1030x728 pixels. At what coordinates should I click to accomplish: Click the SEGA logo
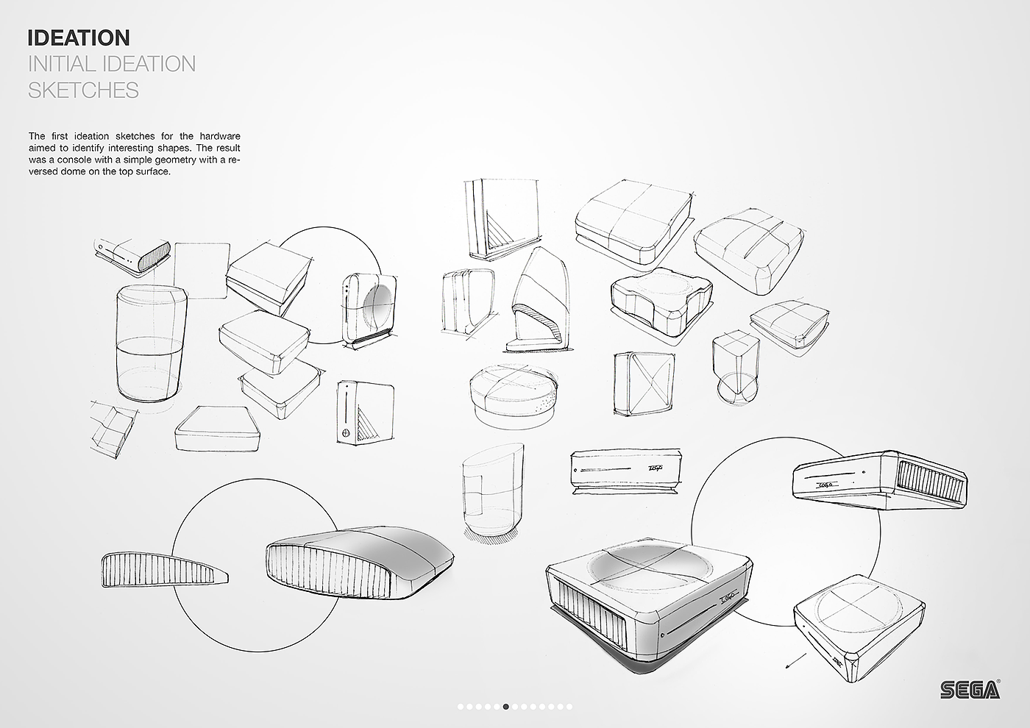(x=970, y=689)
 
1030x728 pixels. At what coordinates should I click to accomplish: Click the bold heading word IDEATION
(x=78, y=38)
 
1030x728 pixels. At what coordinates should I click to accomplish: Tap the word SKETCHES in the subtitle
(x=83, y=90)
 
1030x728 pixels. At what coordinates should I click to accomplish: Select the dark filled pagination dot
(x=506, y=707)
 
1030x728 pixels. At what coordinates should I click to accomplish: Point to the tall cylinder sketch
(x=151, y=343)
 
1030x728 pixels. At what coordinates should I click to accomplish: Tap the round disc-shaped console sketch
(x=514, y=395)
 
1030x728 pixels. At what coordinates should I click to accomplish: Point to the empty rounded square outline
(x=201, y=270)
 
